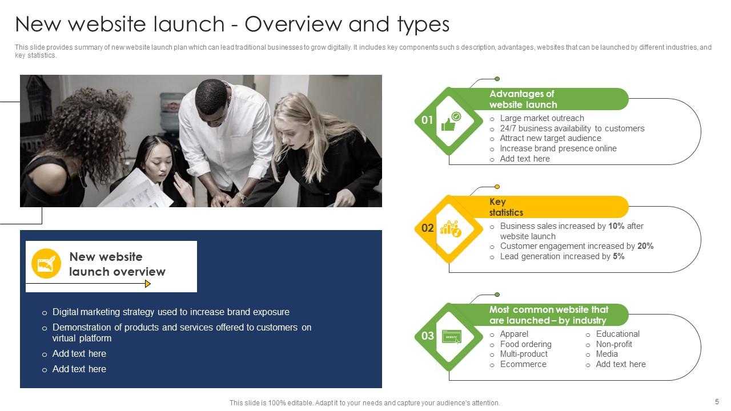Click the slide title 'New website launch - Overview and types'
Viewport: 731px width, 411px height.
(232, 25)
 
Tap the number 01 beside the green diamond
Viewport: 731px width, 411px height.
(427, 120)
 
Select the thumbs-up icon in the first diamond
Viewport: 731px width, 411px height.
(450, 121)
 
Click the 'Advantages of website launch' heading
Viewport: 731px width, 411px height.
(523, 99)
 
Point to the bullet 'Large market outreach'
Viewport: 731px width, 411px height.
(541, 118)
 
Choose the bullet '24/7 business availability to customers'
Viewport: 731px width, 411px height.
(572, 128)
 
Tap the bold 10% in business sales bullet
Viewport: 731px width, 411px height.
(616, 226)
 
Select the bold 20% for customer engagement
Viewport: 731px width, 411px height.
(645, 246)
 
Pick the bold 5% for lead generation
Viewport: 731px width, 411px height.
(618, 256)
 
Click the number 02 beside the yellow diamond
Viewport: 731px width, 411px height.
(427, 228)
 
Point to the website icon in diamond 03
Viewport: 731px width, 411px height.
(451, 337)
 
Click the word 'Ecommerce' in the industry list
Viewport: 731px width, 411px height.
(523, 364)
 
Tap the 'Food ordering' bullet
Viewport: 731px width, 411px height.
(525, 344)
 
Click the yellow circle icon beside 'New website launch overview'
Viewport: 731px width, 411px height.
(46, 264)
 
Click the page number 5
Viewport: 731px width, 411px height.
(717, 401)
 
